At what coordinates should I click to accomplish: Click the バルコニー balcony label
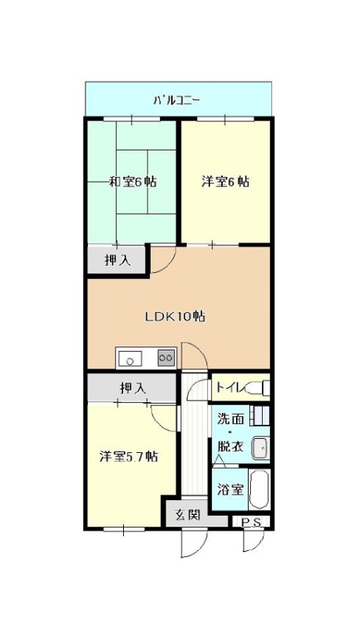[x=176, y=100]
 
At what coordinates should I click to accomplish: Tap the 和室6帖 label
[x=133, y=182]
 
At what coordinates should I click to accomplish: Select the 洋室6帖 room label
[x=225, y=182]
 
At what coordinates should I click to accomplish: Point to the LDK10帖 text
[x=175, y=317]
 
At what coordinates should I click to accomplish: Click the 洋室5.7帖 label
[x=129, y=456]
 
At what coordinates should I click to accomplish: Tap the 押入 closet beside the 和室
[x=117, y=261]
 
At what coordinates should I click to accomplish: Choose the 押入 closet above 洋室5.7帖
[x=133, y=387]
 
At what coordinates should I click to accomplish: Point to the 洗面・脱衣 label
[x=231, y=433]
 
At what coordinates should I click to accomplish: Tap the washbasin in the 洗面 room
[x=260, y=448]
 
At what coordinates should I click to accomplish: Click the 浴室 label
[x=231, y=489]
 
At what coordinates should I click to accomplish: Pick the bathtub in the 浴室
[x=259, y=490]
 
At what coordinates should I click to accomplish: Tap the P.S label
[x=252, y=522]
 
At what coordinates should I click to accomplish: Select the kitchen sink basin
[x=129, y=358]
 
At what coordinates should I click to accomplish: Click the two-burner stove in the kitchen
[x=166, y=357]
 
